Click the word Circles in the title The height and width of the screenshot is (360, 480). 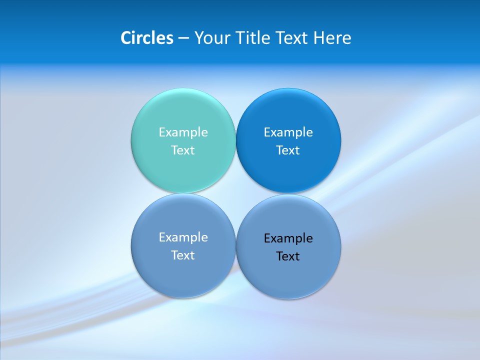pyautogui.click(x=146, y=38)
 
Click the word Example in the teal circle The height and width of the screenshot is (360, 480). pyautogui.click(x=183, y=132)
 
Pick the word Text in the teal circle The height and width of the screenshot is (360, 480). pyautogui.click(x=183, y=150)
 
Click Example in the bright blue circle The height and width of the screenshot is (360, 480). pyautogui.click(x=288, y=132)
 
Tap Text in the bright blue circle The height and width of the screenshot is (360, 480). pyautogui.click(x=288, y=150)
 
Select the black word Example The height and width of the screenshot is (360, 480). pyautogui.click(x=288, y=238)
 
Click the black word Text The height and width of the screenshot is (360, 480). pyautogui.click(x=288, y=256)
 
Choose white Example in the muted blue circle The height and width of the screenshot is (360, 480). pyautogui.click(x=183, y=237)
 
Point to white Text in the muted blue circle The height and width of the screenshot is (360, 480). pyautogui.click(x=183, y=255)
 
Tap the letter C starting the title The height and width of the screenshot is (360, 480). pyautogui.click(x=126, y=38)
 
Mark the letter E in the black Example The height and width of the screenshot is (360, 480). pyautogui.click(x=267, y=238)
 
